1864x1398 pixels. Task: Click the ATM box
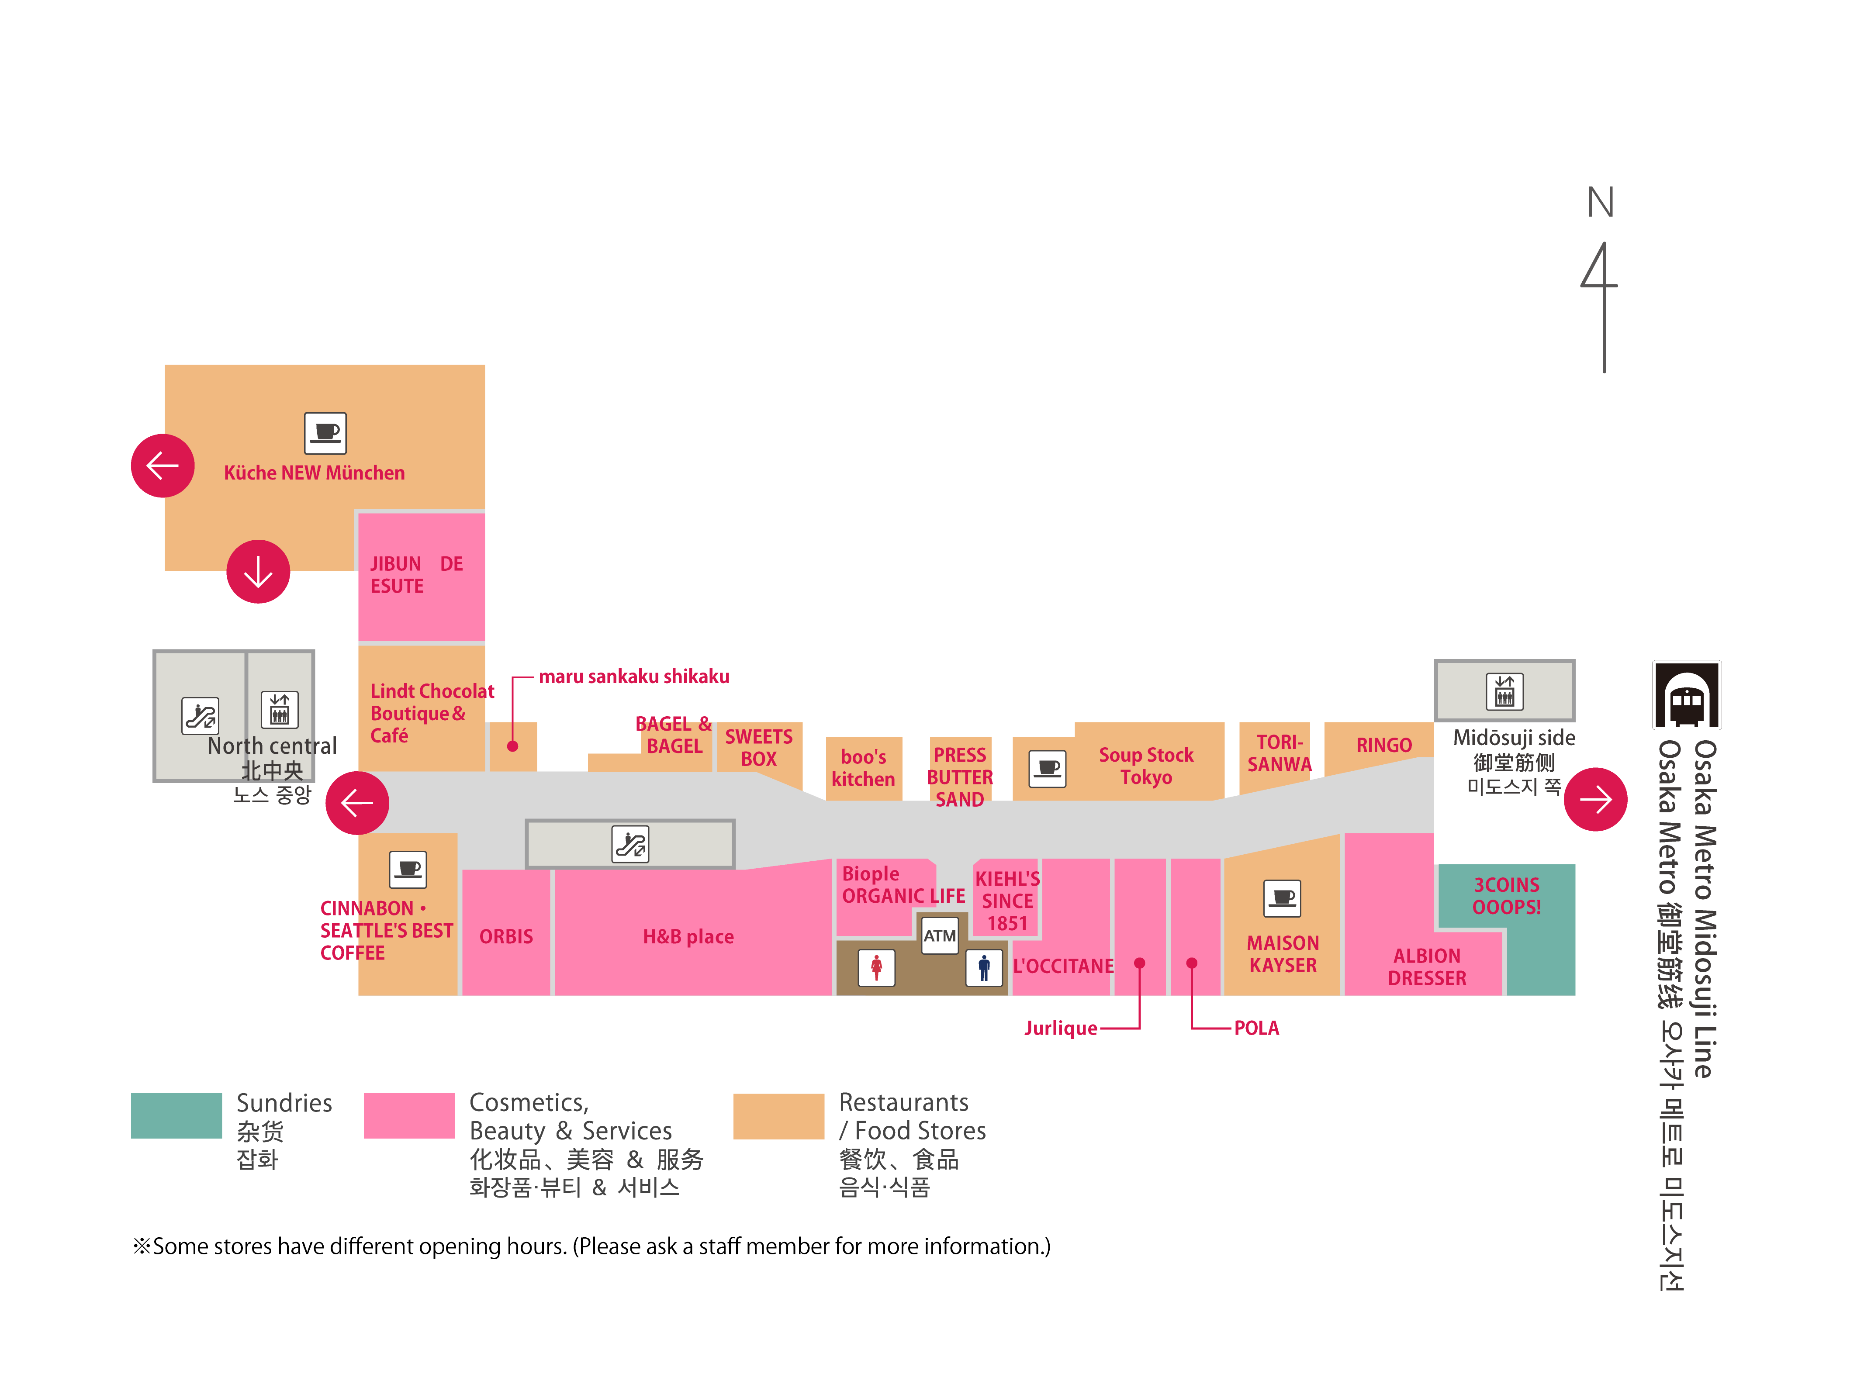[940, 935]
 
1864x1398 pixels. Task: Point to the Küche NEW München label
[315, 473]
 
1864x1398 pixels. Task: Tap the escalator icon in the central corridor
[630, 843]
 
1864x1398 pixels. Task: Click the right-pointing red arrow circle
[1595, 799]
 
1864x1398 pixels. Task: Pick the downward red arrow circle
[258, 571]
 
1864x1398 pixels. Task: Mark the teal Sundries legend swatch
[176, 1115]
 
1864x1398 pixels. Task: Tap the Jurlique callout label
[1060, 1028]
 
